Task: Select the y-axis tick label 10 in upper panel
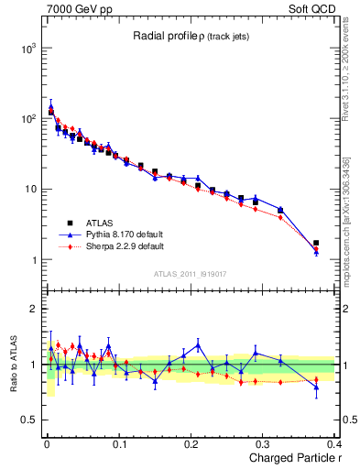point(27,190)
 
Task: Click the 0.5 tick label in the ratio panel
point(26,420)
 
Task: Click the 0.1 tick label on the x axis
point(119,445)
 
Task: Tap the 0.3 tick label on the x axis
point(264,445)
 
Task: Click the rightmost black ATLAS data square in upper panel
point(316,244)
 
